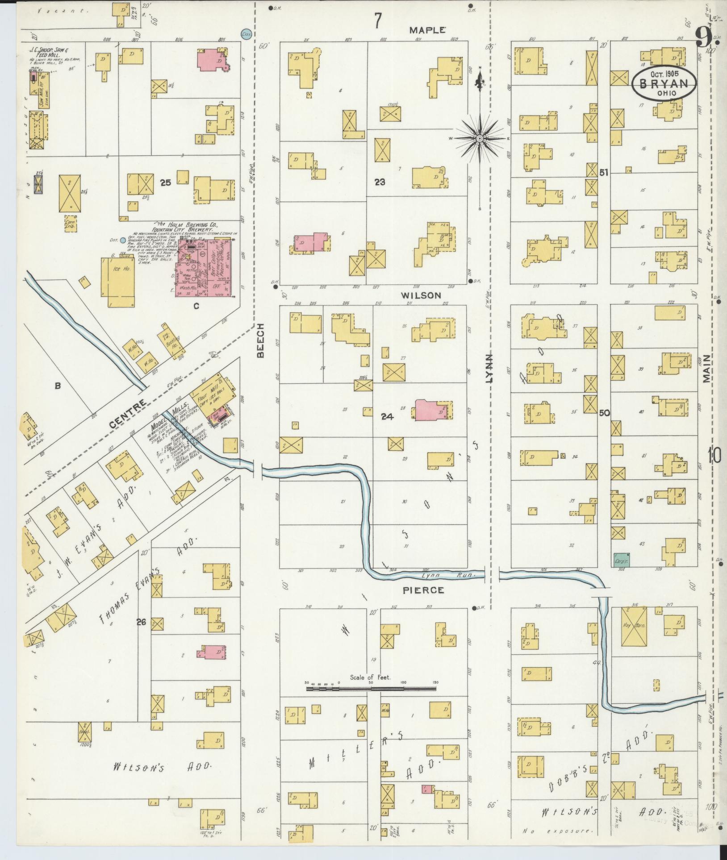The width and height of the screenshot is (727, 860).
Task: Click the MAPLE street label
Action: tap(427, 30)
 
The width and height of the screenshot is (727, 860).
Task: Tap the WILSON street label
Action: tap(421, 295)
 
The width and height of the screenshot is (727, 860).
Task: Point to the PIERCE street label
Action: tap(423, 590)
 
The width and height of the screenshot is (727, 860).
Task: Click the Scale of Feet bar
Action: tap(371, 701)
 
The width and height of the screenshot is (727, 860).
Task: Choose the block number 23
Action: tap(380, 182)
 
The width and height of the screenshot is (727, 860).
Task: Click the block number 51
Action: tap(604, 173)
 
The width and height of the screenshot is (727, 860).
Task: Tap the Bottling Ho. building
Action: tap(171, 344)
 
